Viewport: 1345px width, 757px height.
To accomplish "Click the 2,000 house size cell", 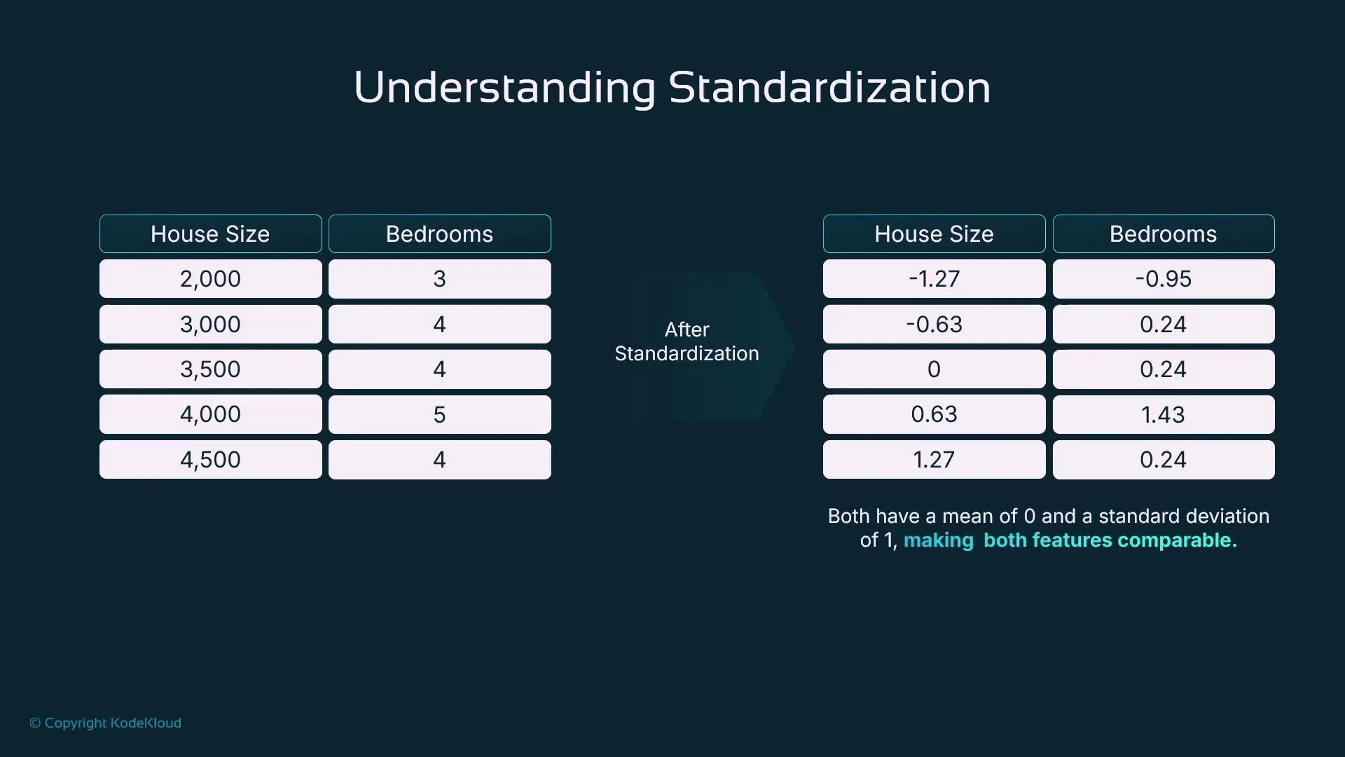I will [x=210, y=279].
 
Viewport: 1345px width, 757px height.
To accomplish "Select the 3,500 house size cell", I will [x=210, y=369].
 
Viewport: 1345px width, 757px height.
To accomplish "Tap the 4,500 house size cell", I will [x=210, y=460].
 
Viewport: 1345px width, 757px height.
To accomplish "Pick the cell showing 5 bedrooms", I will [x=439, y=414].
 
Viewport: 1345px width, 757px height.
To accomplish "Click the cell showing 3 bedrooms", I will [x=439, y=279].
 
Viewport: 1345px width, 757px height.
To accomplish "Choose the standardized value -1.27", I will [x=934, y=279].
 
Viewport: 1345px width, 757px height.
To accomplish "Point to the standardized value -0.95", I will [x=1163, y=279].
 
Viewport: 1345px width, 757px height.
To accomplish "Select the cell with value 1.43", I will [x=1163, y=414].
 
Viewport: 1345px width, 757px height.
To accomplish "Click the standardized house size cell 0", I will [x=934, y=369].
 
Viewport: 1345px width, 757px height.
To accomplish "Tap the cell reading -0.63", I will [x=934, y=324].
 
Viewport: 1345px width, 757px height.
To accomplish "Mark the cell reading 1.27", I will [x=934, y=460].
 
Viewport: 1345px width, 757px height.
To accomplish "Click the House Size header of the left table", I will [x=210, y=234].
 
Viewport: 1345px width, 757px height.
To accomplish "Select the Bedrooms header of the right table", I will [x=1163, y=234].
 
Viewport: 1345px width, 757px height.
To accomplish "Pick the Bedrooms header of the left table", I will [x=439, y=234].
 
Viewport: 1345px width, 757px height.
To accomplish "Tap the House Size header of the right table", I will [x=934, y=234].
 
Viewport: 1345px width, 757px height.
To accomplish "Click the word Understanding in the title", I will [x=504, y=88].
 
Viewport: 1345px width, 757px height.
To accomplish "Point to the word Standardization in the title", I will [x=829, y=88].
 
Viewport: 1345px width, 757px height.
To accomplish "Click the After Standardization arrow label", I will [x=687, y=341].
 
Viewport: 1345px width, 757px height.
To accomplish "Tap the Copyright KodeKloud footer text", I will [x=106, y=723].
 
